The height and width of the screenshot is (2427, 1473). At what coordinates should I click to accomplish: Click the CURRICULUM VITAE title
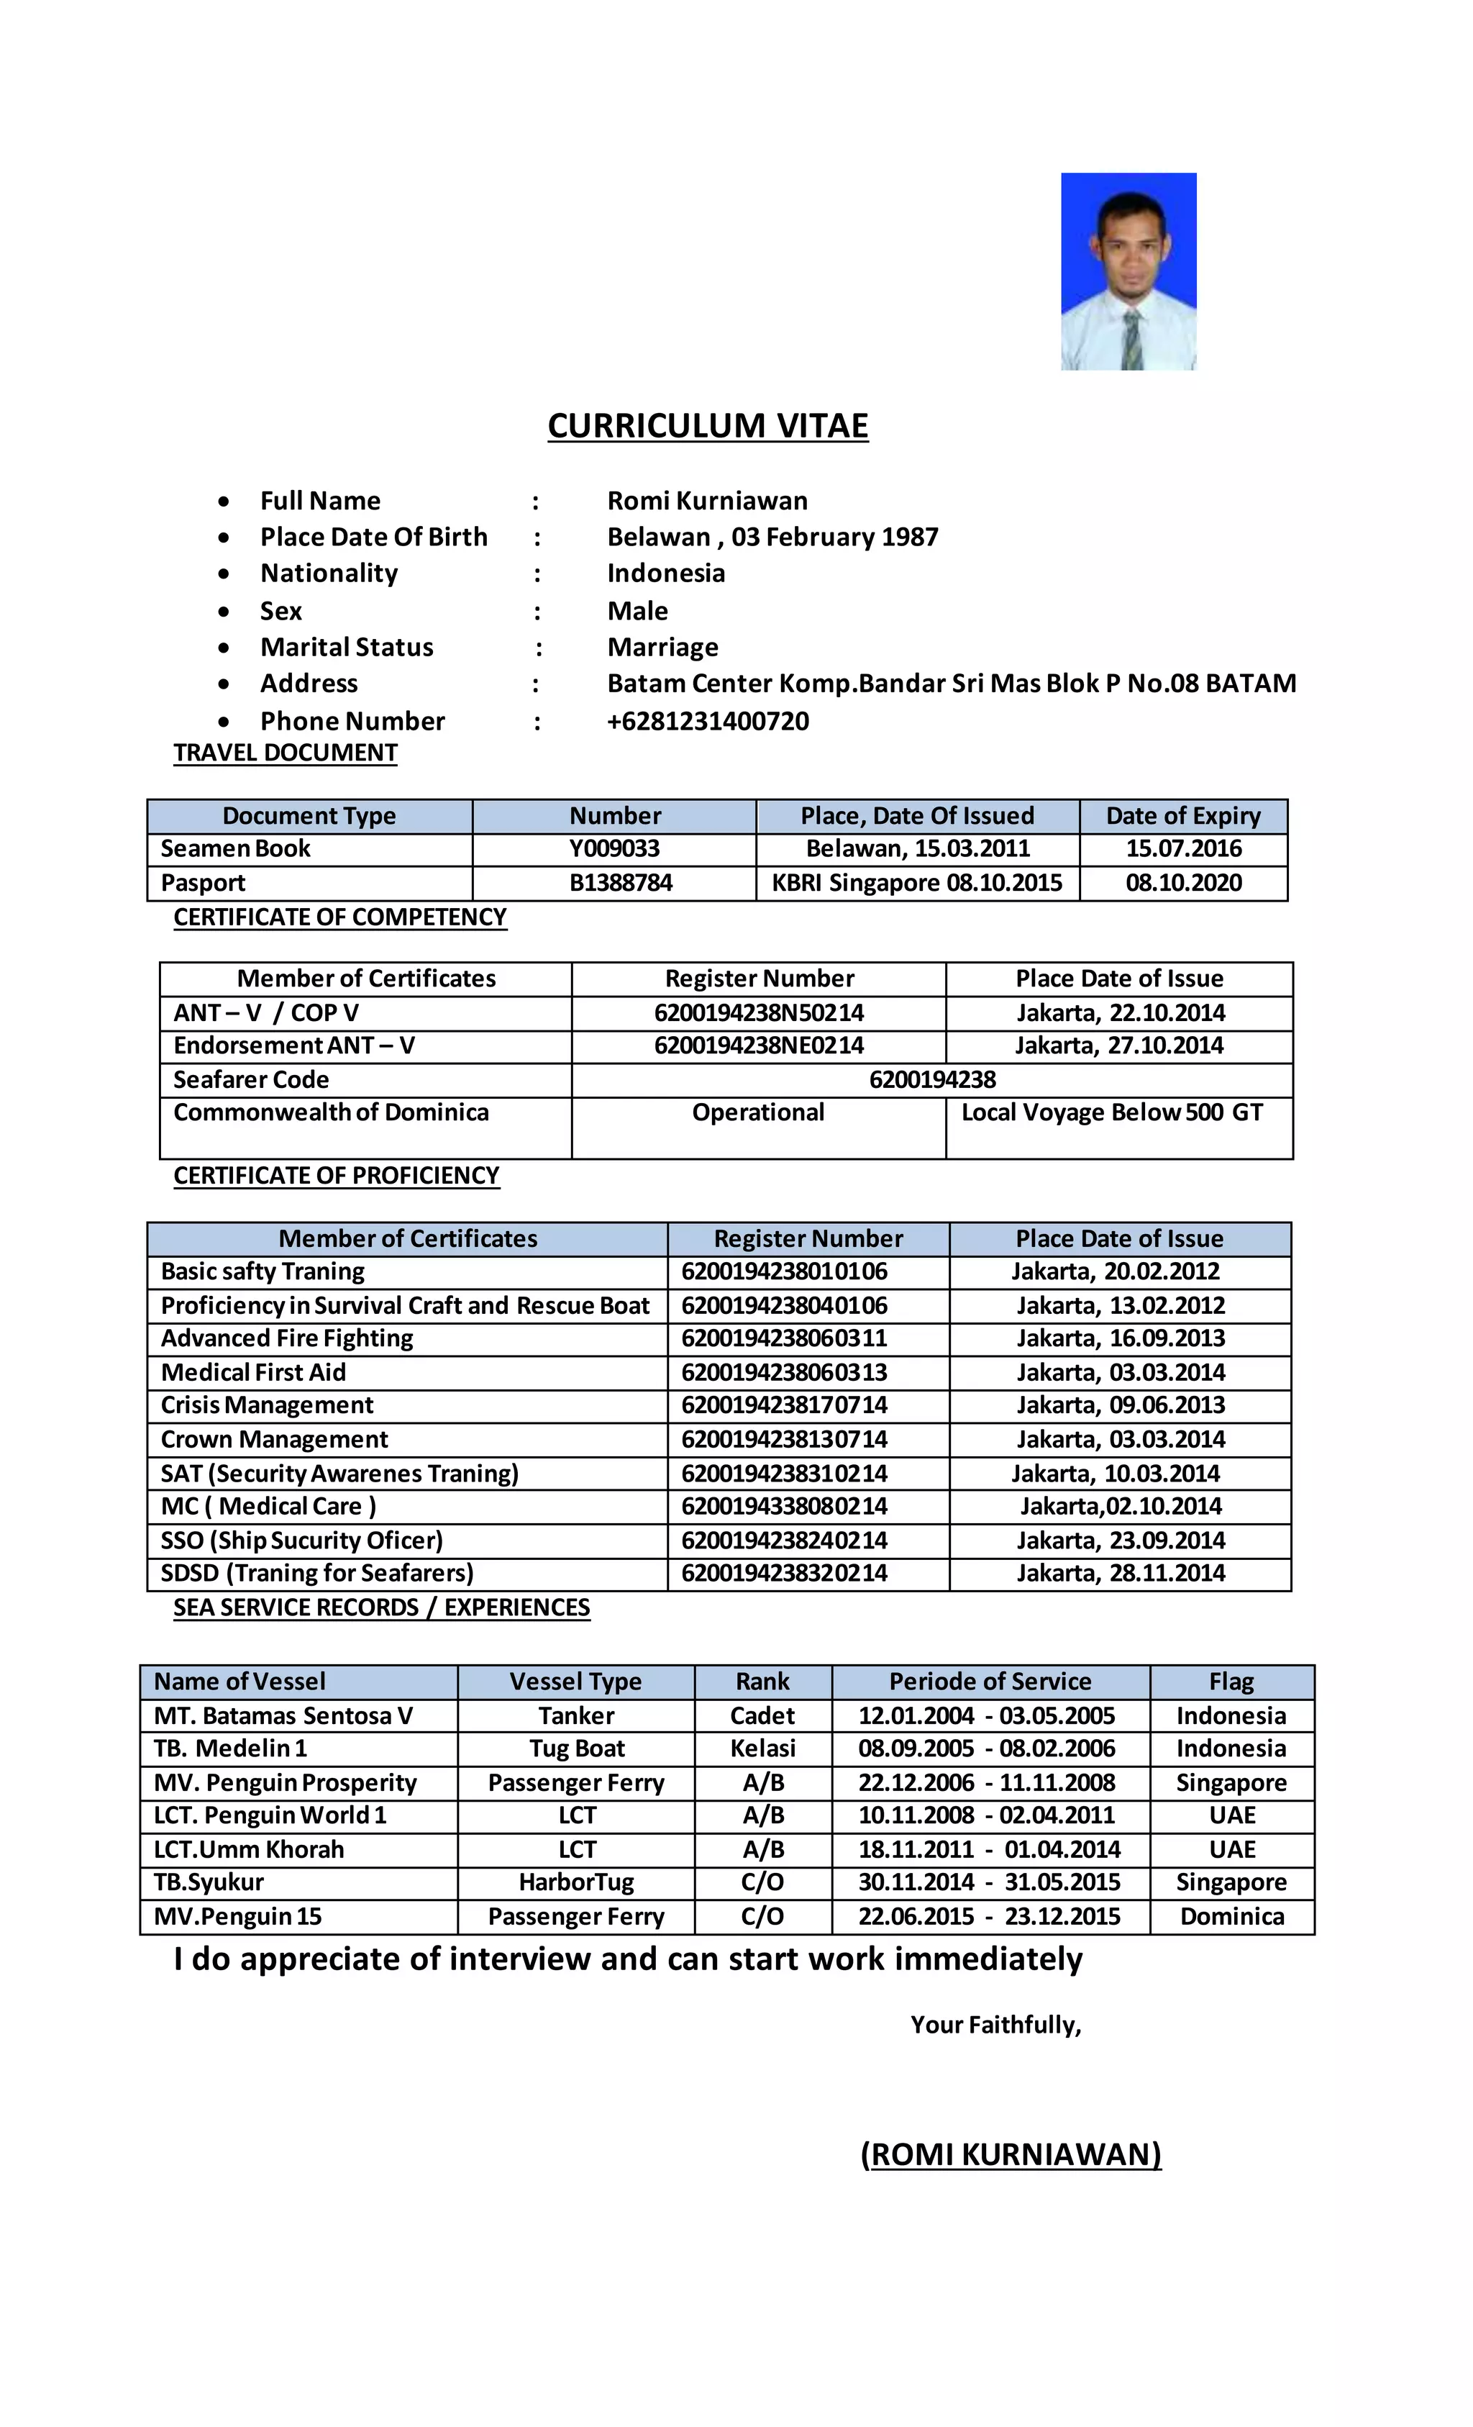pos(707,425)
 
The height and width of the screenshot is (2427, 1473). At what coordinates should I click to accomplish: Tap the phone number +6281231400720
pos(707,721)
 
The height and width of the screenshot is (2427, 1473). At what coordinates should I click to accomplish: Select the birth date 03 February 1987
pos(834,537)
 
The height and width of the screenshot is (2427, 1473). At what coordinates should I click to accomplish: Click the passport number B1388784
pos(620,883)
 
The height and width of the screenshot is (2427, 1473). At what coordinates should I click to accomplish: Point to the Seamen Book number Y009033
pos(614,848)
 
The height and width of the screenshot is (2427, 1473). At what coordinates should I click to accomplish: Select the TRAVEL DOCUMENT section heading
pos(285,753)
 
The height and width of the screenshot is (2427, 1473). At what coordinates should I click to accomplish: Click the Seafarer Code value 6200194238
pos(931,1079)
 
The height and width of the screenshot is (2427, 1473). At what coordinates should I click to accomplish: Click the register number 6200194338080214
pos(784,1506)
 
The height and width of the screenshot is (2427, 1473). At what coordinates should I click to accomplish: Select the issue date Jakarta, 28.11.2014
pos(1120,1573)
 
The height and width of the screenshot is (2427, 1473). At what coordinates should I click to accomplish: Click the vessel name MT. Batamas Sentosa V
pos(283,1716)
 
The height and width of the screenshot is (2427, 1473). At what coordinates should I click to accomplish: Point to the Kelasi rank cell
pos(762,1748)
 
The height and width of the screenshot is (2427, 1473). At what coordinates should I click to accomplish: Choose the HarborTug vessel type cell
pos(576,1882)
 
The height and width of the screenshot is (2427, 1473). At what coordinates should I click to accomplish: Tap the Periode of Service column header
pos(990,1682)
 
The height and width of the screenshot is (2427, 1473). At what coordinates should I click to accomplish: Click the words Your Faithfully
pos(995,2024)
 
